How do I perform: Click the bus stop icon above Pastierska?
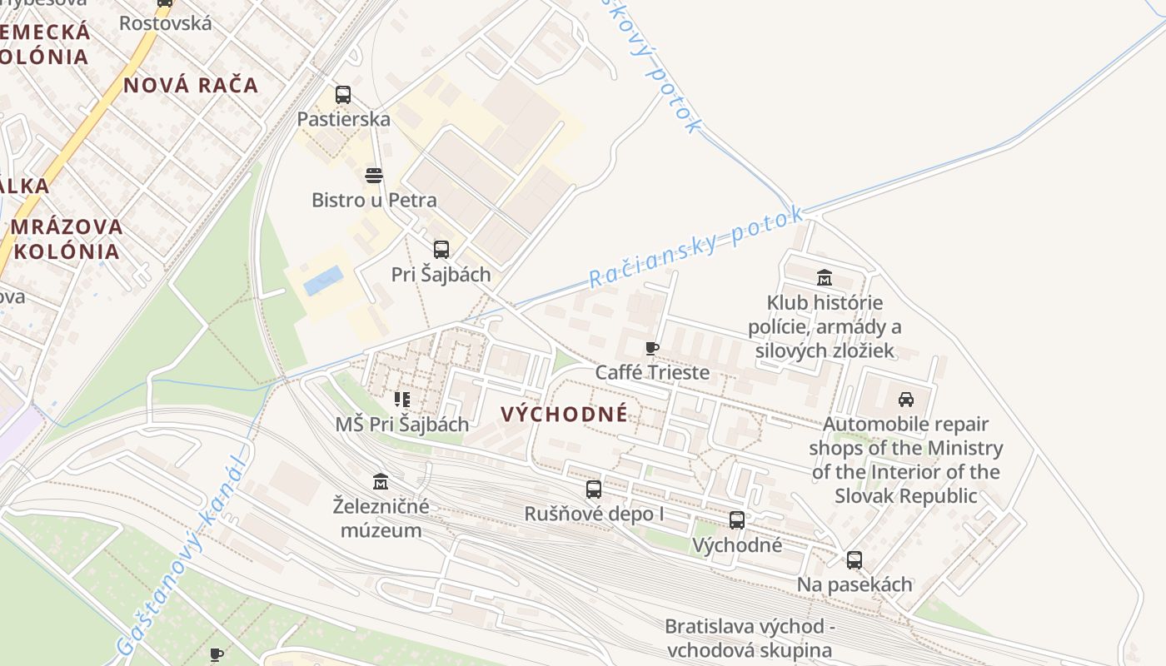(342, 95)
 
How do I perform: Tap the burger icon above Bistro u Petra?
(374, 175)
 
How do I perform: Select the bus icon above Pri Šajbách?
(441, 249)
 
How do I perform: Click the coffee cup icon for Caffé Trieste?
(652, 348)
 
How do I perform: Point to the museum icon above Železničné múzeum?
(381, 481)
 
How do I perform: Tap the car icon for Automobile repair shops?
(906, 399)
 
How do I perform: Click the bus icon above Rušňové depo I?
(593, 490)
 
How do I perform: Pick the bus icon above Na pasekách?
(855, 560)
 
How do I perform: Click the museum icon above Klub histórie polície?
(825, 277)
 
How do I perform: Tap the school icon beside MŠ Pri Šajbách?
(402, 400)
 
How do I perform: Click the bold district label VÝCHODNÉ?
(565, 414)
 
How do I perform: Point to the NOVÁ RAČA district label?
(191, 85)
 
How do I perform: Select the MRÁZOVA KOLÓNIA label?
(67, 239)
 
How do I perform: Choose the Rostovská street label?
(166, 22)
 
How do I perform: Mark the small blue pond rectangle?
(323, 281)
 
